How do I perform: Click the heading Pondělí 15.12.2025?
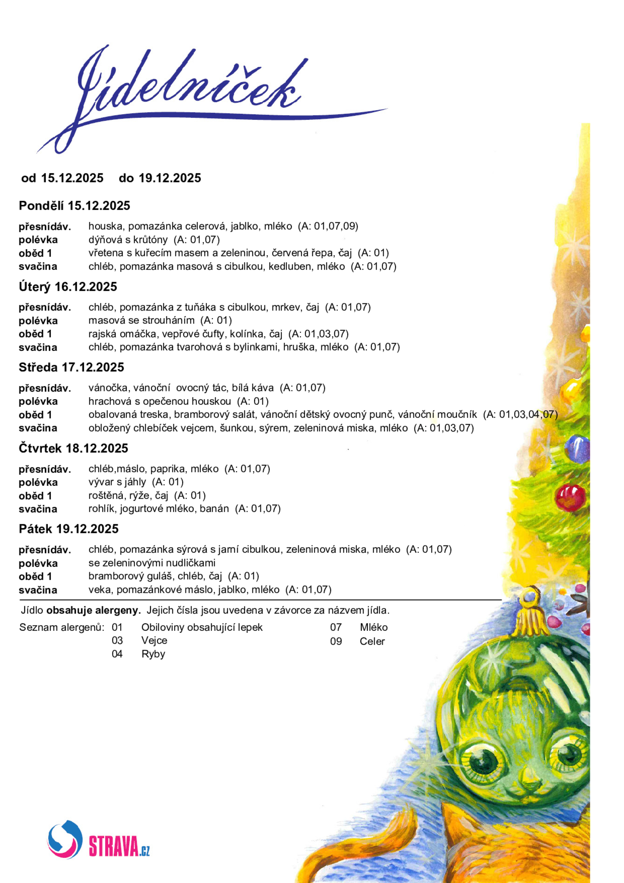pos(74,206)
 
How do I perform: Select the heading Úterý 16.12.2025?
pos(68,287)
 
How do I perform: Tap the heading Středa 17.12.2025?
pos(71,367)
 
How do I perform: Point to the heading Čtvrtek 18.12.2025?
pos(73,448)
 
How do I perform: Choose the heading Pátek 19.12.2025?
pos(69,529)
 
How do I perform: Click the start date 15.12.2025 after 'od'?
pos(72,178)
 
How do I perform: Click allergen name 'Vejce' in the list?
pos(154,641)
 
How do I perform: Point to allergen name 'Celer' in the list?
pos(372,642)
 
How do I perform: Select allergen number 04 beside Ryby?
pos(117,654)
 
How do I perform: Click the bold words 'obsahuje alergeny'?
pos(94,611)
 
